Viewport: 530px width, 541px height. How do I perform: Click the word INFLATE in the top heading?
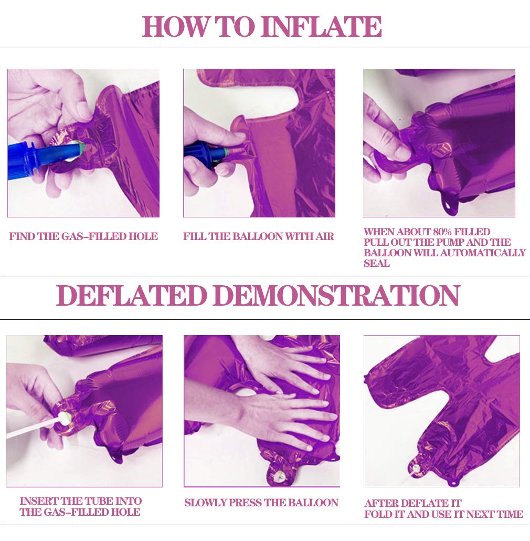point(321,27)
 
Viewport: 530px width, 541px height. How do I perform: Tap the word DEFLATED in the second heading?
point(131,295)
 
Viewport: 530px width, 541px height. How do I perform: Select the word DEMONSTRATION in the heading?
point(337,295)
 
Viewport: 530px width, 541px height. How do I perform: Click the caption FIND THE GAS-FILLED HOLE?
point(83,236)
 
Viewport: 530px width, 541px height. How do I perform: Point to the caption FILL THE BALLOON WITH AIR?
point(259,236)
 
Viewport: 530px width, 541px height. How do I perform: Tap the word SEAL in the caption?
point(377,263)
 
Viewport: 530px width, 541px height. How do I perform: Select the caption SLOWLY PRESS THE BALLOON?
point(261,503)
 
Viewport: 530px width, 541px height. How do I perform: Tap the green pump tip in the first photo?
point(80,148)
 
